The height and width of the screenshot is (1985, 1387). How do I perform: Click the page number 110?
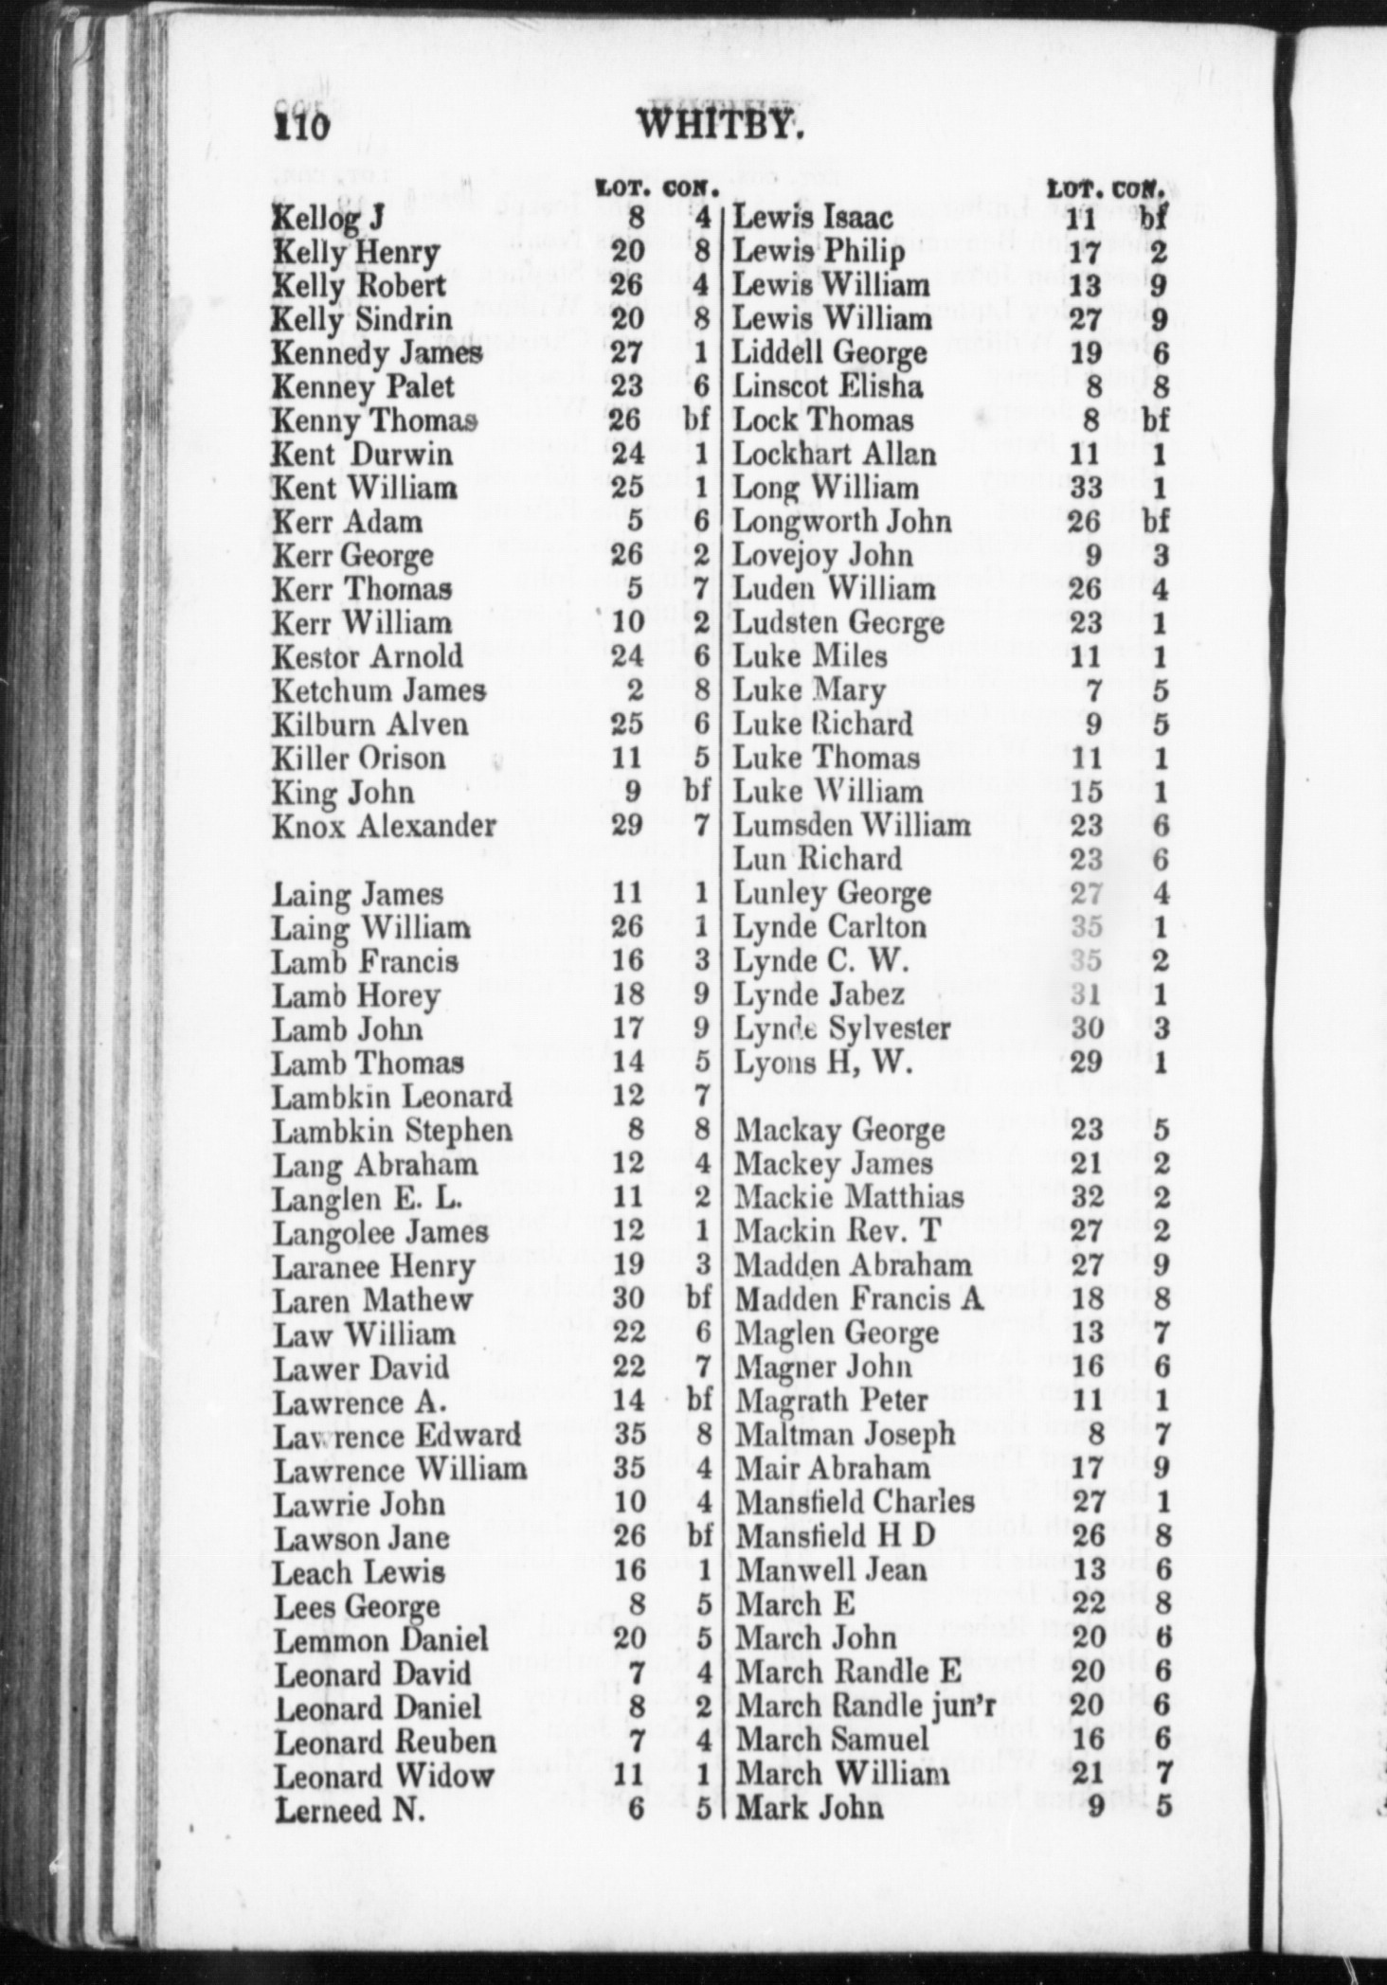coord(301,124)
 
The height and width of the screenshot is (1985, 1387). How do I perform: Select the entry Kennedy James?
coord(376,353)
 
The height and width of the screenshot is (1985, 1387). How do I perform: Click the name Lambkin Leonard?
coord(392,1097)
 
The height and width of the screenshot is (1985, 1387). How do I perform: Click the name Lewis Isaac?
coord(814,218)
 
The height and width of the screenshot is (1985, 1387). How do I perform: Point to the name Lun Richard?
coord(819,859)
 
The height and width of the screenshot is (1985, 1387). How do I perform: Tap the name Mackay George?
coord(840,1130)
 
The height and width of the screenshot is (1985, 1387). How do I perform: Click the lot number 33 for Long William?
coord(1086,488)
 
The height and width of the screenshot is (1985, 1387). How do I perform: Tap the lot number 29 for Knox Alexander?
coord(627,825)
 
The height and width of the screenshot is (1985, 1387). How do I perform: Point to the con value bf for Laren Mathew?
coord(698,1298)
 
